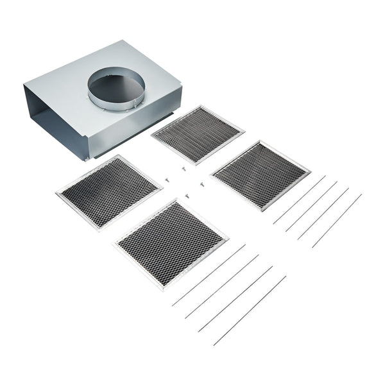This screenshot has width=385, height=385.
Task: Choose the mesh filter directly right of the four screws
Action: pyautogui.click(x=261, y=175)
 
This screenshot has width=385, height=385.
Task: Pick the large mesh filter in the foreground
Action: pyautogui.click(x=171, y=243)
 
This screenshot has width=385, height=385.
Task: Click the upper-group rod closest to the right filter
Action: pyautogui.click(x=299, y=200)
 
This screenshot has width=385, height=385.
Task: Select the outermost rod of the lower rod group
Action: pyautogui.click(x=250, y=311)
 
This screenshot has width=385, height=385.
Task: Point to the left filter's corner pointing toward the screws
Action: pyautogui.click(x=161, y=187)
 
